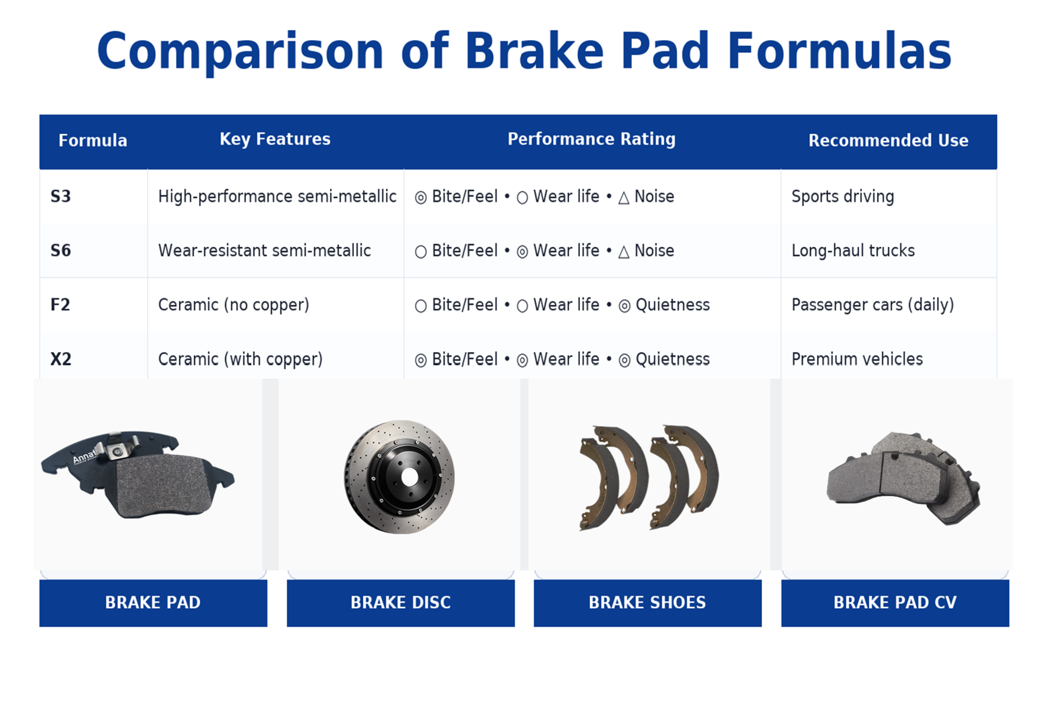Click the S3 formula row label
pyautogui.click(x=60, y=196)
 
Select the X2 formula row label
pyautogui.click(x=60, y=359)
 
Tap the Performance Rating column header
pyautogui.click(x=591, y=139)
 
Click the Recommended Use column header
pyautogui.click(x=888, y=141)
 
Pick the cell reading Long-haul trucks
pyautogui.click(x=852, y=251)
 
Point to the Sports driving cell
pyautogui.click(x=842, y=196)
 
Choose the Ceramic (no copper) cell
pyautogui.click(x=234, y=305)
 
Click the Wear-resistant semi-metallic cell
pyautogui.click(x=264, y=251)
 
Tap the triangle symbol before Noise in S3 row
pyautogui.click(x=624, y=198)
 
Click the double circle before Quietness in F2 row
pyautogui.click(x=624, y=306)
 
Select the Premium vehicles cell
pyautogui.click(x=857, y=359)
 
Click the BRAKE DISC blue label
pyautogui.click(x=400, y=602)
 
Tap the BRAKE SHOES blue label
pyautogui.click(x=647, y=602)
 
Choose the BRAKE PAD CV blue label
pyautogui.click(x=895, y=602)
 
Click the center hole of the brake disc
pyautogui.click(x=410, y=477)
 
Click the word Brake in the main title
pyautogui.click(x=534, y=51)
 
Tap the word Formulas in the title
pyautogui.click(x=839, y=51)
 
